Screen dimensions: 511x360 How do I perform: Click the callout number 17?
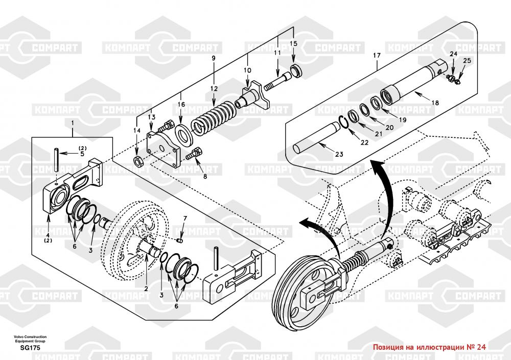377,56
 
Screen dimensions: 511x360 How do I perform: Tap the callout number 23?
339,154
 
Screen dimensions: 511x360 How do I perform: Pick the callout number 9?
214,58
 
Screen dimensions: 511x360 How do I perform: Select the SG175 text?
30,348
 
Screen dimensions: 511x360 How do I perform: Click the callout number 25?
467,61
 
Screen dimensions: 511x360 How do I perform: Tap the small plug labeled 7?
179,240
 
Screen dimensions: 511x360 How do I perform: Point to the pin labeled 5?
57,160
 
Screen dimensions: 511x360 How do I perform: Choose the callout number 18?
435,103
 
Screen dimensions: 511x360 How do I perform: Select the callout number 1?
73,123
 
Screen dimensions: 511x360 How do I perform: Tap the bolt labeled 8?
194,154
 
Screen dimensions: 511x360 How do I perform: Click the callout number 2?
146,289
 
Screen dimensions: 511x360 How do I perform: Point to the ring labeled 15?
296,71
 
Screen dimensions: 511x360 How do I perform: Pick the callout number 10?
247,70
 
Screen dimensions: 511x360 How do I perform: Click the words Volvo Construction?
30,337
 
